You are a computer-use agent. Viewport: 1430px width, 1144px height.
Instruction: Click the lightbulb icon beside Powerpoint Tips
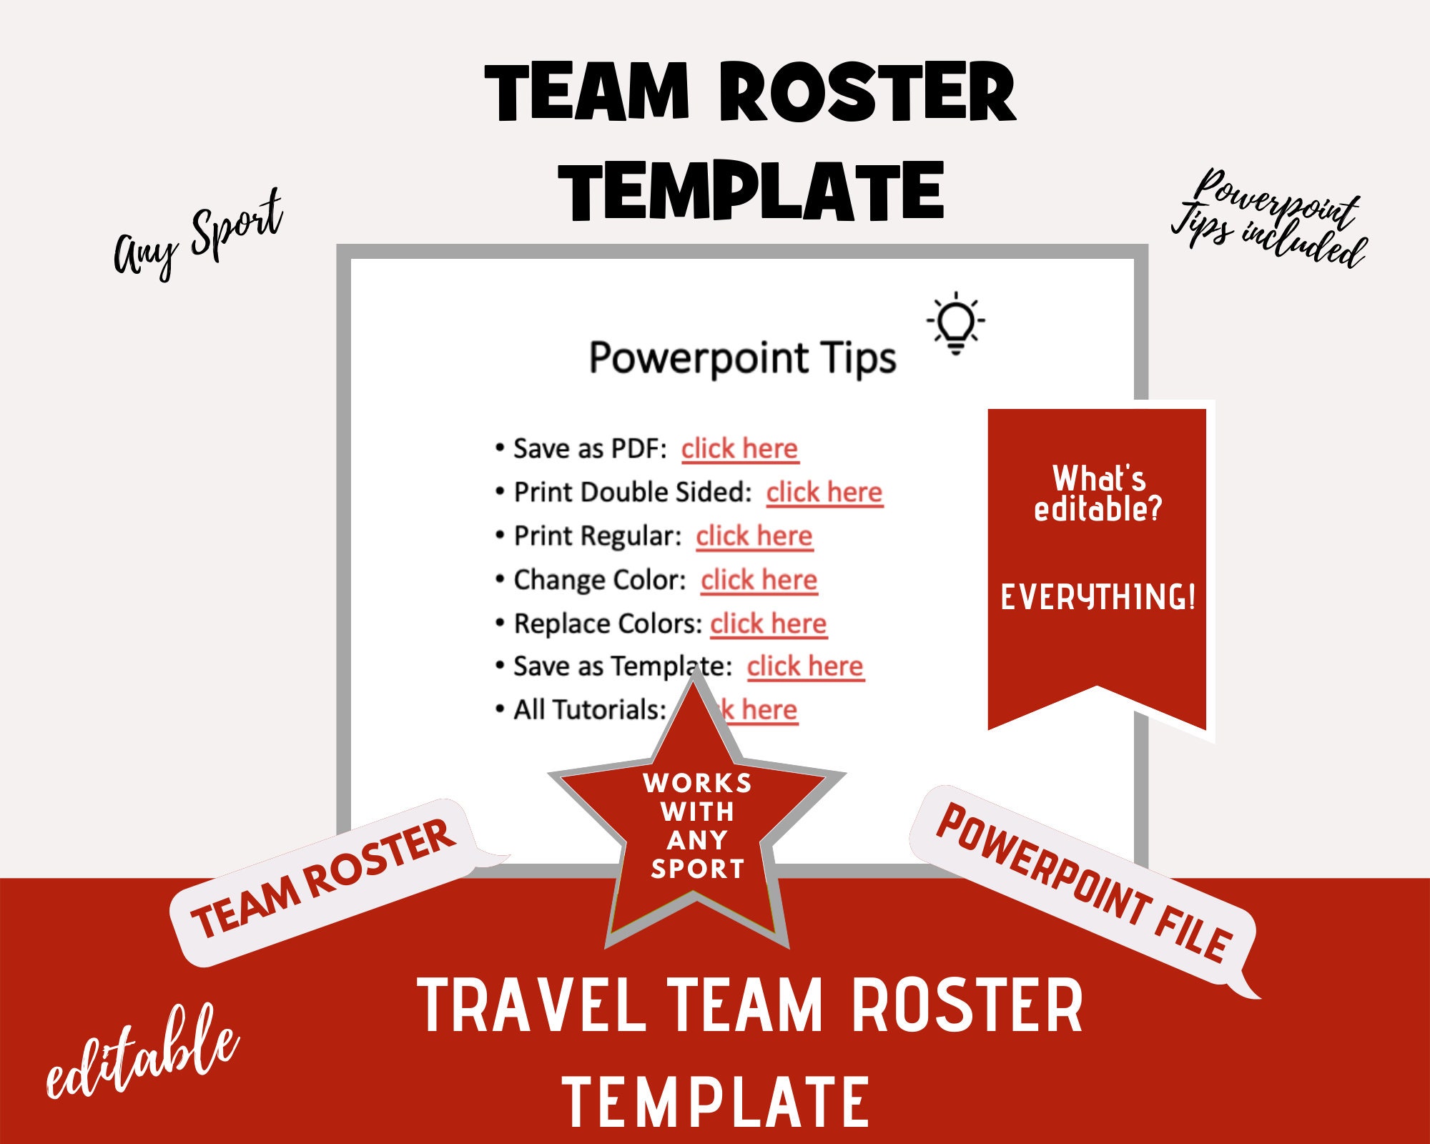coord(955,322)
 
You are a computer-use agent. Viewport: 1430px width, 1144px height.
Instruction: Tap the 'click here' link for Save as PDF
coord(739,449)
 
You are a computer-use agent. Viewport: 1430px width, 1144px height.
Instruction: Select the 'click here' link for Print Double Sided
coord(824,493)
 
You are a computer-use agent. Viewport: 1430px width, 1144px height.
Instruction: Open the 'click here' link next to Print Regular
coord(754,536)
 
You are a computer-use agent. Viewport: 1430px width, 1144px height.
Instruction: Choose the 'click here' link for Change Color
coord(759,580)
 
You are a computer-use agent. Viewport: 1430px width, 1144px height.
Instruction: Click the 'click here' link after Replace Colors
coord(768,623)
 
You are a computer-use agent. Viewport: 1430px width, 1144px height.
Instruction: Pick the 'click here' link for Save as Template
coord(806,666)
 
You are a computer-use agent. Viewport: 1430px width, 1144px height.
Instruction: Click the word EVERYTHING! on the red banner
coord(1098,598)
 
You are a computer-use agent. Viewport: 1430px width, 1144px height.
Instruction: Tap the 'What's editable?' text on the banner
coord(1098,493)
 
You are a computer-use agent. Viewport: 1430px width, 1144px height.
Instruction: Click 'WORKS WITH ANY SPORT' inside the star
coord(697,826)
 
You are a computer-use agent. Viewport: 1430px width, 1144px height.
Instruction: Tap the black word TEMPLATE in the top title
coord(752,191)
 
